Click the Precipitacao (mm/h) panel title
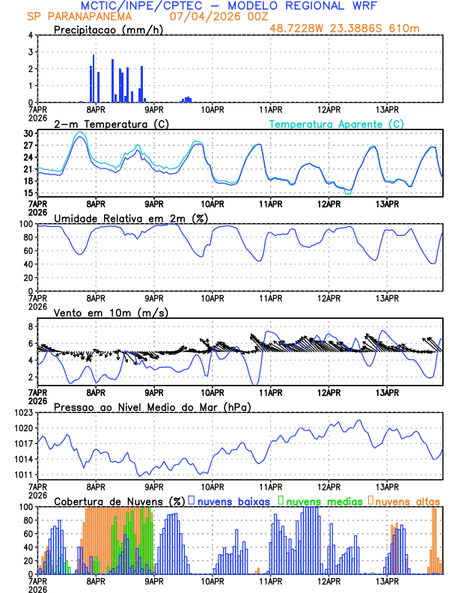point(109,29)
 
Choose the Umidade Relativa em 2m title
point(130,218)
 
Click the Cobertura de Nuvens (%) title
point(119,501)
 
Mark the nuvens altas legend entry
point(407,501)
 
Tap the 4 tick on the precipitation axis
point(30,35)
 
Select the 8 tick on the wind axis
point(30,326)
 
